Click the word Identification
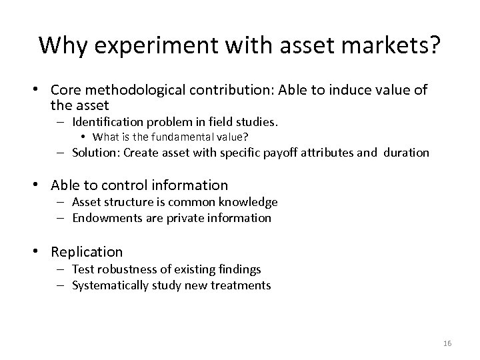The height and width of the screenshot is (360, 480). pos(111,122)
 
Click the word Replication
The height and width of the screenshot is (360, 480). pos(86,251)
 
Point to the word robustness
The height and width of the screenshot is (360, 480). pos(123,269)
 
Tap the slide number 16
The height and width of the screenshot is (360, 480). pos(447,343)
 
